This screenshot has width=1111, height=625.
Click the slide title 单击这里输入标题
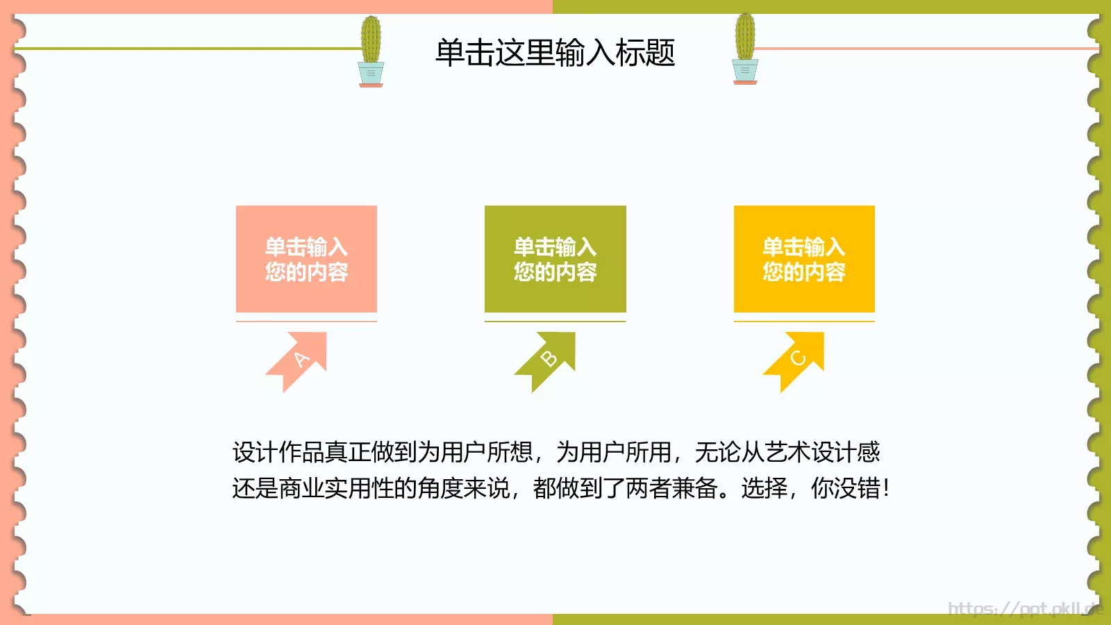[x=555, y=53]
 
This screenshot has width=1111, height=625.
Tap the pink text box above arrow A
[x=306, y=259]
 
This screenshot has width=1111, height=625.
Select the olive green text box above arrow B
[x=555, y=259]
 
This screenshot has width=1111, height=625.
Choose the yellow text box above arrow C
[x=804, y=259]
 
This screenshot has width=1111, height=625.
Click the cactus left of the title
[x=371, y=40]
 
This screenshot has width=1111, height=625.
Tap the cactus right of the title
[x=745, y=37]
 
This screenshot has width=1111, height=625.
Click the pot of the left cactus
[x=371, y=73]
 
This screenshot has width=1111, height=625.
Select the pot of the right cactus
[x=745, y=71]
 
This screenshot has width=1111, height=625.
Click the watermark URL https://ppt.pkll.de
[x=1025, y=608]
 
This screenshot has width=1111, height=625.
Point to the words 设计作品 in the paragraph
[x=278, y=453]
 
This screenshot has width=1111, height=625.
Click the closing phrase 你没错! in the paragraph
[x=850, y=489]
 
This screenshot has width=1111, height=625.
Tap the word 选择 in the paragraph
[x=764, y=489]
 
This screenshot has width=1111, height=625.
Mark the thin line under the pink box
[x=306, y=322]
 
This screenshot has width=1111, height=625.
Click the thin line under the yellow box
[x=804, y=322]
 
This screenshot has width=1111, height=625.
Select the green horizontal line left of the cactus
[x=187, y=49]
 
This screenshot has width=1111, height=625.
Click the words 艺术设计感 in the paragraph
[x=822, y=453]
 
